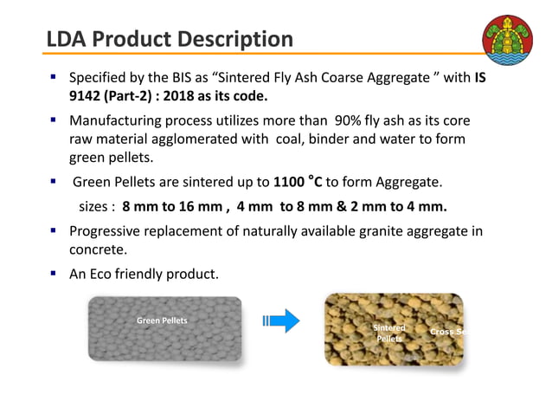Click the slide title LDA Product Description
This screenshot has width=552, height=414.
tap(170, 39)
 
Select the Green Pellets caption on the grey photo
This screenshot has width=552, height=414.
tap(162, 320)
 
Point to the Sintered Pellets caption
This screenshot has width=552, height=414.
tap(388, 333)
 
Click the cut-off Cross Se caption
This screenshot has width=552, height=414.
tap(449, 332)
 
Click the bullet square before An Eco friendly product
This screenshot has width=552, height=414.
tap(54, 275)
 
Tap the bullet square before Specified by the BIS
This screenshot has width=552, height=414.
tap(54, 77)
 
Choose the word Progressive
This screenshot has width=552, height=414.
tap(110, 231)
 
